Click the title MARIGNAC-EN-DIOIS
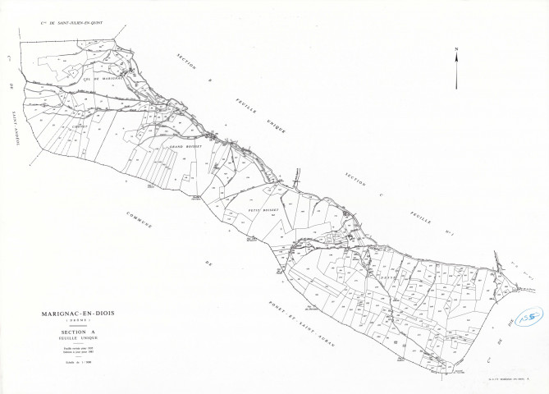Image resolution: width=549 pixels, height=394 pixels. tap(76, 314)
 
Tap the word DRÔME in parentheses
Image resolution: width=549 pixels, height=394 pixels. tap(76, 321)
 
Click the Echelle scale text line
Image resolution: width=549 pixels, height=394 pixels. tap(76, 360)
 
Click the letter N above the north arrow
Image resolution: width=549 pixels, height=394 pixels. tap(456, 51)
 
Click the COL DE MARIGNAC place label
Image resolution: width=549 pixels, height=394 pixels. tap(102, 79)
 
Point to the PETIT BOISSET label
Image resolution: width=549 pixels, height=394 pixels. tap(263, 210)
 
